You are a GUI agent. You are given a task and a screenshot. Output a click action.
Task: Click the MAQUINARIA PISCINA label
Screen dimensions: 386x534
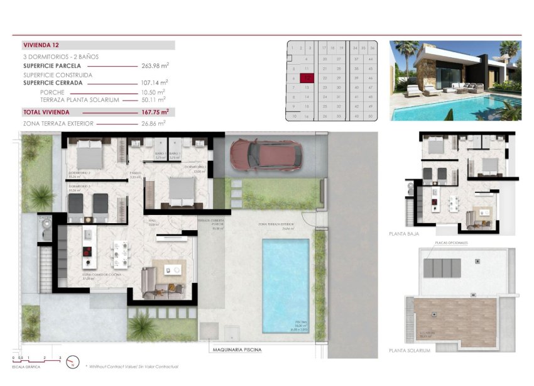pos(236,350)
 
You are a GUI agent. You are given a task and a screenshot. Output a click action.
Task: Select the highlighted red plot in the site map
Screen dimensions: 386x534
pos(307,79)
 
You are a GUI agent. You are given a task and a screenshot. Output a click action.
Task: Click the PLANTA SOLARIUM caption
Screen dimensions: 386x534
pos(410,351)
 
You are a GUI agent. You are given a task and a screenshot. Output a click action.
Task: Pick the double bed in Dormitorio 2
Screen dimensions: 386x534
pos(89,152)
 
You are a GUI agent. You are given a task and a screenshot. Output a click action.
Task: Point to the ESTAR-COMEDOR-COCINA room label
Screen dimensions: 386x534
pos(101,275)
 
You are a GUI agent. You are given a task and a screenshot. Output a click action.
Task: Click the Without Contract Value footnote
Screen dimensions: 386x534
pos(133,367)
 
